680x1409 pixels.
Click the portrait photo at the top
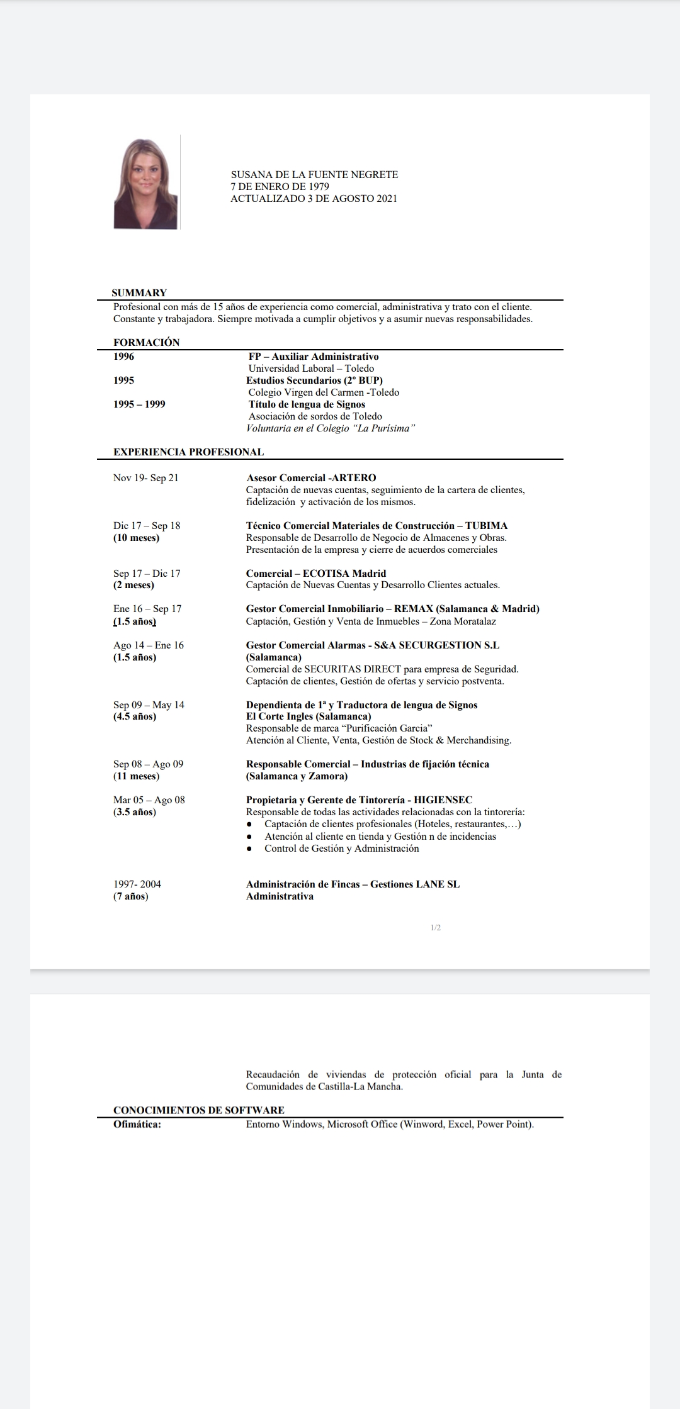pyautogui.click(x=145, y=182)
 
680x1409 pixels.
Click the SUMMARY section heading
pyautogui.click(x=139, y=292)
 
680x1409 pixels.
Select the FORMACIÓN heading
pyautogui.click(x=146, y=342)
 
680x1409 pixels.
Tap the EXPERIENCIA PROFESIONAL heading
pyautogui.click(x=188, y=452)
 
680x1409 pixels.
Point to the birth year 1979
pyautogui.click(x=319, y=186)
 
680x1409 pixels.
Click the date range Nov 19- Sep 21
pyautogui.click(x=146, y=478)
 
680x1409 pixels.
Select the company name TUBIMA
pyautogui.click(x=486, y=526)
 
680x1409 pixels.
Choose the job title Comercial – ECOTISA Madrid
pyautogui.click(x=315, y=573)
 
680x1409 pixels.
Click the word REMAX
pyautogui.click(x=413, y=609)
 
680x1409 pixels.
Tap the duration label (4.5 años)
pyautogui.click(x=135, y=716)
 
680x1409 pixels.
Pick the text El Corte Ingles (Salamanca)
pyautogui.click(x=309, y=716)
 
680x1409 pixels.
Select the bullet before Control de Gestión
pyautogui.click(x=250, y=849)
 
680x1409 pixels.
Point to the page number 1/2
pyautogui.click(x=436, y=928)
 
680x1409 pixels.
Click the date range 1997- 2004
pyautogui.click(x=137, y=884)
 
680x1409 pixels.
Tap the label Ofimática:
pyautogui.click(x=137, y=1124)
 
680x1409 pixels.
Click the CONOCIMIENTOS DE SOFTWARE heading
pyautogui.click(x=199, y=1110)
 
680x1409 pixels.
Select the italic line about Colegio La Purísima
pyautogui.click(x=331, y=428)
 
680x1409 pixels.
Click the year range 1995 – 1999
pyautogui.click(x=139, y=404)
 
